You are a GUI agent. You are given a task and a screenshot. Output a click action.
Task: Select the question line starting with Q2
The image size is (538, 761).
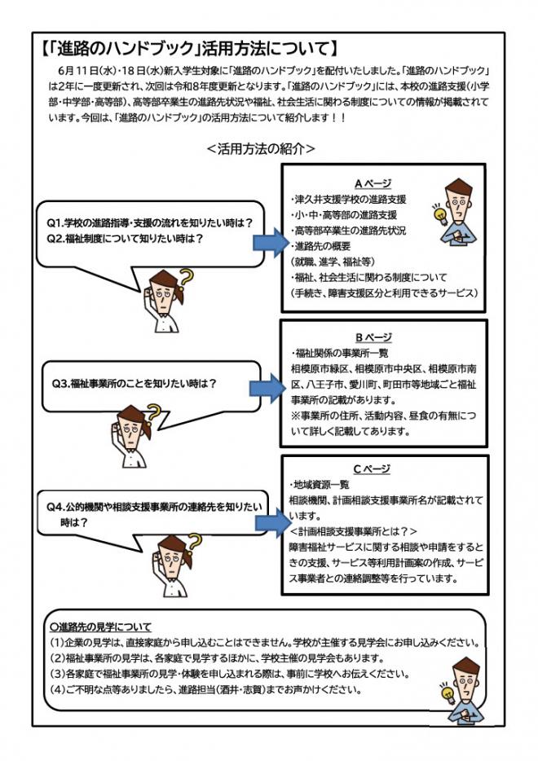[x=124, y=239]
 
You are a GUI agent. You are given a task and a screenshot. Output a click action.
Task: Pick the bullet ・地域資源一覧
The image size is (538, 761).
[x=321, y=484]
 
